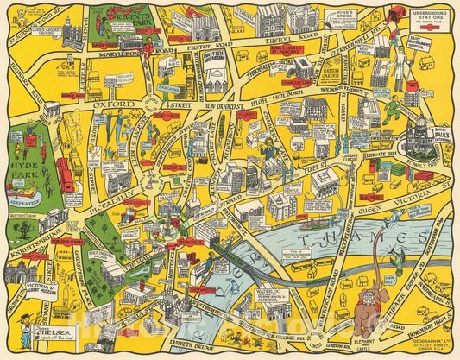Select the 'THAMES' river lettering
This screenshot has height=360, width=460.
point(363,239)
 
